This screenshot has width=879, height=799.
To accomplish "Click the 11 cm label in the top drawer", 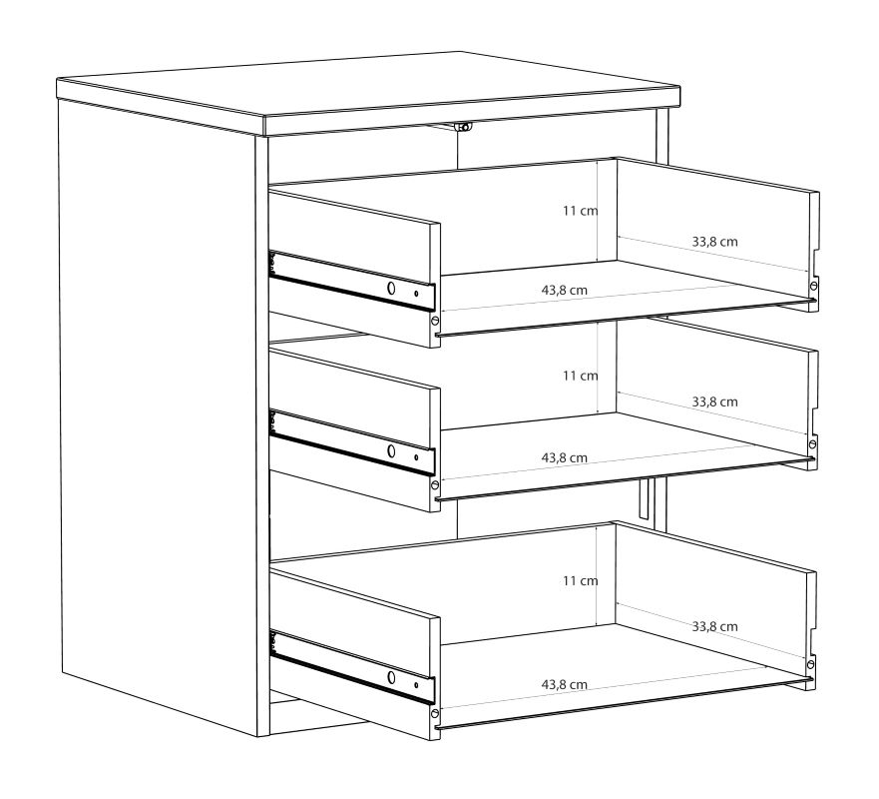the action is click(x=581, y=211).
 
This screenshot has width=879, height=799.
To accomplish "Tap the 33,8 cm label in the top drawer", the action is click(x=714, y=242).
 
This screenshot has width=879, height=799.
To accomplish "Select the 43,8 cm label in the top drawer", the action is click(x=565, y=290).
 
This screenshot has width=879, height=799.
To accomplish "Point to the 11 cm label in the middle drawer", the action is click(x=581, y=376).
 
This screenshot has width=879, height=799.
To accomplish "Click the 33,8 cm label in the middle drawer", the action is click(x=714, y=401).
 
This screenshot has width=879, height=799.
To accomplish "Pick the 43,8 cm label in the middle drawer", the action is click(x=565, y=457).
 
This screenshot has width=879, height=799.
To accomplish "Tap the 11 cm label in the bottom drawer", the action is click(x=581, y=580).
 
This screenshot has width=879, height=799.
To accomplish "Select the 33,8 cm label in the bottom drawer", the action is click(x=714, y=626).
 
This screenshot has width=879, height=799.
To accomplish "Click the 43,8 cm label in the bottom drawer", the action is click(x=565, y=684).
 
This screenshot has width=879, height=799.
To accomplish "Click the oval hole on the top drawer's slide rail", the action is click(x=391, y=289).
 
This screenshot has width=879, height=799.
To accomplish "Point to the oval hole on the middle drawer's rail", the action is click(x=391, y=450).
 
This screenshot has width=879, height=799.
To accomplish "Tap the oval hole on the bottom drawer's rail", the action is click(x=391, y=677).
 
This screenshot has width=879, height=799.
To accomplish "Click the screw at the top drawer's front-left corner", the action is click(x=434, y=321).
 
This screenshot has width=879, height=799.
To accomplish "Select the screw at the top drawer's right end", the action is click(x=813, y=286).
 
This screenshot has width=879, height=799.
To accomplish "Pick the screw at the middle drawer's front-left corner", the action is click(x=434, y=484).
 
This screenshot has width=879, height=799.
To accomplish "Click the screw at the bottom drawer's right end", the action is click(x=810, y=664).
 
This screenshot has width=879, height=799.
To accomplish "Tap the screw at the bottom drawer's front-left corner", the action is click(x=434, y=714).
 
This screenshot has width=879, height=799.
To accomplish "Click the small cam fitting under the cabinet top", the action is click(x=464, y=127).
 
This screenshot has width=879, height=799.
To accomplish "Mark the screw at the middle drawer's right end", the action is click(x=812, y=444).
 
